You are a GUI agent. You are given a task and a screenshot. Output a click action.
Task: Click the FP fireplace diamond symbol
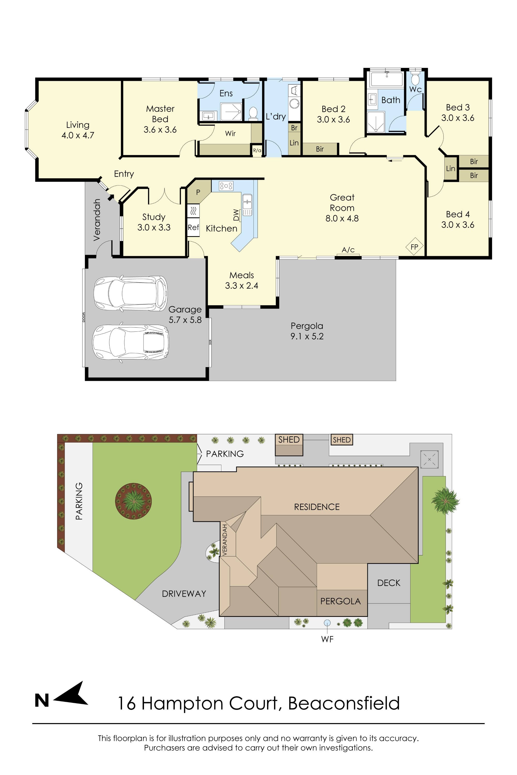pyautogui.click(x=414, y=246)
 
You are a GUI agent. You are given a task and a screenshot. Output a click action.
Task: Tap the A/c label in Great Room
pyautogui.click(x=348, y=250)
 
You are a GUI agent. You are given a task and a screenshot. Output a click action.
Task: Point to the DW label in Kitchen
pyautogui.click(x=236, y=215)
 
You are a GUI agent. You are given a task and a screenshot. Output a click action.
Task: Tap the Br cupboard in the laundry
pyautogui.click(x=294, y=128)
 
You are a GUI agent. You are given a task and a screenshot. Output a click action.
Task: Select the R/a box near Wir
pyautogui.click(x=257, y=151)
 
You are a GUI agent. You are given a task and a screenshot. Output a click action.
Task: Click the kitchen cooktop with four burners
pyautogui.click(x=226, y=185)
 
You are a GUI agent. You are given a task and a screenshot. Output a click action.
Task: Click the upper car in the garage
pyautogui.click(x=130, y=293)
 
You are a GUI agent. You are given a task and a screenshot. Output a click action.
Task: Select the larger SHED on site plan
pyautogui.click(x=289, y=445)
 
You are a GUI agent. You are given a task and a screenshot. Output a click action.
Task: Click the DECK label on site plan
pyautogui.click(x=389, y=583)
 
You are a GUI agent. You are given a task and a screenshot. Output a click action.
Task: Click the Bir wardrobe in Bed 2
pyautogui.click(x=320, y=149)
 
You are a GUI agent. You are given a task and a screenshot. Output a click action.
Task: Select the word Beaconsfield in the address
pyautogui.click(x=344, y=703)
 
